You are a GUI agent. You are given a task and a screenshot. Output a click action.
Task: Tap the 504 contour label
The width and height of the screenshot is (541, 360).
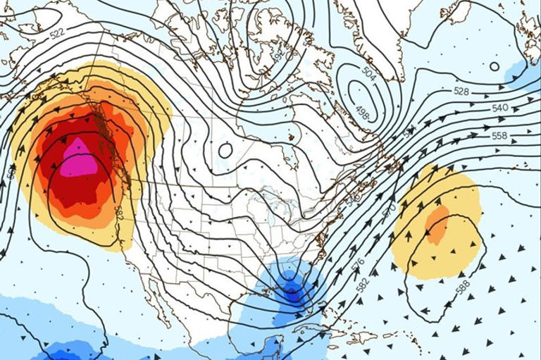click(x=368, y=71)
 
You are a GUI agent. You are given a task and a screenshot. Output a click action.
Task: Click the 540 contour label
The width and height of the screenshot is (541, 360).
click(x=499, y=108)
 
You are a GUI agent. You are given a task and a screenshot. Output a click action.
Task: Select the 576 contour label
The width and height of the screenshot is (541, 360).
click(x=356, y=263)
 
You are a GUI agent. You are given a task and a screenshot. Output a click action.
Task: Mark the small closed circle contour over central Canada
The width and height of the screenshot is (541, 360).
click(x=225, y=150)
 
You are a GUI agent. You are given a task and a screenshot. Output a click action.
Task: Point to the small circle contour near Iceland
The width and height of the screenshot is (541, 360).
click(x=495, y=67)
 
